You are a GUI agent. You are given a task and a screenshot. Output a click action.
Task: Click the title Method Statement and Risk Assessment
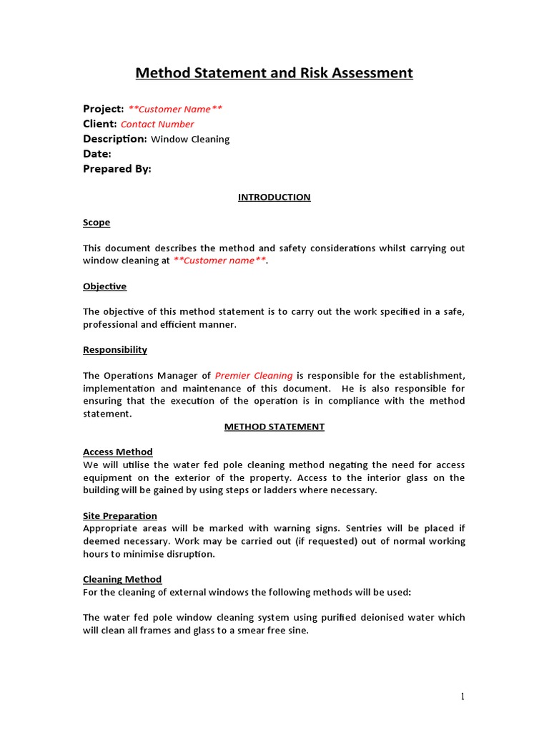point(274,73)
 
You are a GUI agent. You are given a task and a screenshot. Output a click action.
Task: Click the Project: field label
point(104,109)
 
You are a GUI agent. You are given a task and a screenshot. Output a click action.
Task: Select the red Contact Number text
point(157,125)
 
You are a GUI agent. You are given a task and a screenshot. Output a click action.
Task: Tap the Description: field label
point(115,139)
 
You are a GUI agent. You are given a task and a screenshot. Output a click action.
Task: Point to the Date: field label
point(97,154)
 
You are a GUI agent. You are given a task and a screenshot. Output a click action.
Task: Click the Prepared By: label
point(117,169)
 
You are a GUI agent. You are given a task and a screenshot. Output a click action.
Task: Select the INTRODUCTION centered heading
point(274,198)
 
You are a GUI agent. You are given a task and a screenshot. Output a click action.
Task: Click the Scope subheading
point(97,223)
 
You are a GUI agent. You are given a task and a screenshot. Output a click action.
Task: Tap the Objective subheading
point(104,286)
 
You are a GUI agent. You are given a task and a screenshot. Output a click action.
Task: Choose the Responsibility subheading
point(115,350)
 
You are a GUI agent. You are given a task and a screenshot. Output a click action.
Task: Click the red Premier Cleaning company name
point(254,376)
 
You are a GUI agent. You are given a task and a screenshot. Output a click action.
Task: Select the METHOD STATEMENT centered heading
point(274,427)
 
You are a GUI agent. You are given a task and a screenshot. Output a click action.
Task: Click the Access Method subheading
point(118,452)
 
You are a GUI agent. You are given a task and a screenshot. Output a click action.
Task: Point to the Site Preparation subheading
point(120,516)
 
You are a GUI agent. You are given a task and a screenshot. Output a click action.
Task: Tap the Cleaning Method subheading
point(122,579)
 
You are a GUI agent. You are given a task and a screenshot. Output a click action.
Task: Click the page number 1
point(463,696)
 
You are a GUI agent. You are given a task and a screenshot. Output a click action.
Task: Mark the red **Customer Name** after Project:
point(175,110)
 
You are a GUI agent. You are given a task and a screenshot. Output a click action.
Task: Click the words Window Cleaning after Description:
point(190,140)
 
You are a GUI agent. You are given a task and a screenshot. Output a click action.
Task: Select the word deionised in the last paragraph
point(382,618)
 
